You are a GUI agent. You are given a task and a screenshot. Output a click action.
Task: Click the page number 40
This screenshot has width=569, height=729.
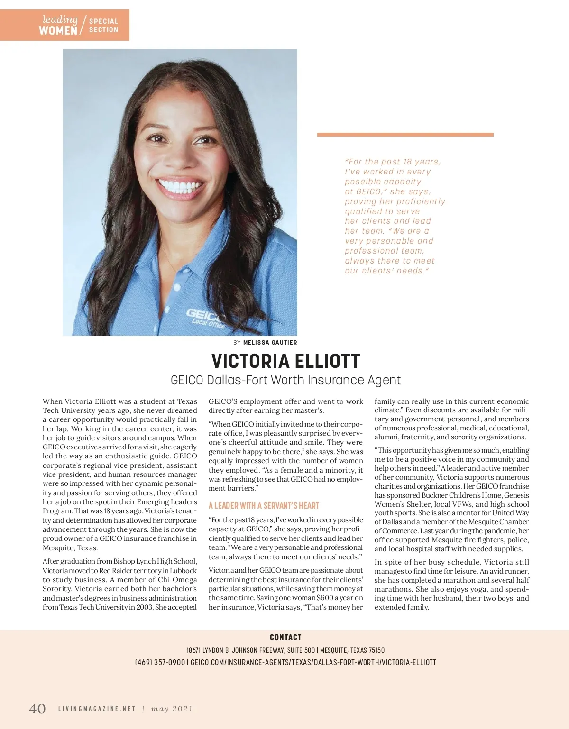pos(37,709)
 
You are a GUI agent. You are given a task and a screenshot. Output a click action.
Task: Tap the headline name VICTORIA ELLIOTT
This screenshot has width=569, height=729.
pos(285,362)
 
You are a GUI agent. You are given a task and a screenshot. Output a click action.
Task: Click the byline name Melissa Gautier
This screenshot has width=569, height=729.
pos(270,342)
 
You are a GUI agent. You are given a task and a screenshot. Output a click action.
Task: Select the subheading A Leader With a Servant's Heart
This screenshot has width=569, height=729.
pos(264,506)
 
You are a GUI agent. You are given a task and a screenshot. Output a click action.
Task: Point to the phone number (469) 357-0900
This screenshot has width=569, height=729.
pos(160,662)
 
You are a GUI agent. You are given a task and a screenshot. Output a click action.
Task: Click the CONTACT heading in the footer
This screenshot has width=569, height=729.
pos(285,638)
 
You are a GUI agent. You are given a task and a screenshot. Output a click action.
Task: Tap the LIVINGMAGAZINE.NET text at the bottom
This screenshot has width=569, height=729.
pos(97,709)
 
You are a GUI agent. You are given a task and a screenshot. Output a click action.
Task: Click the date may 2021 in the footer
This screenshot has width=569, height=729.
pos(172,709)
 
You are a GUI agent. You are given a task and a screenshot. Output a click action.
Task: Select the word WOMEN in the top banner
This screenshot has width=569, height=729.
pos(58,31)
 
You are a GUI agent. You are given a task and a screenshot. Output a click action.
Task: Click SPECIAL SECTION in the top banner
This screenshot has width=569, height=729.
pos(103,26)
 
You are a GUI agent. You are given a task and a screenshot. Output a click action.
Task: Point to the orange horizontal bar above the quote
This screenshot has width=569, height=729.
pos(405,135)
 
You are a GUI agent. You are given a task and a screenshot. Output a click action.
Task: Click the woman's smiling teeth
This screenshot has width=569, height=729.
pos(181,184)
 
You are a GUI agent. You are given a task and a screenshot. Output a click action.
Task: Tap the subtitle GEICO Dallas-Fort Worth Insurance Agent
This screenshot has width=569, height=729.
pos(285,380)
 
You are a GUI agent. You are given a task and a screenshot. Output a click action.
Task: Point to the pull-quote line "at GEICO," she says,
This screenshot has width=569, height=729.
pos(388,191)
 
